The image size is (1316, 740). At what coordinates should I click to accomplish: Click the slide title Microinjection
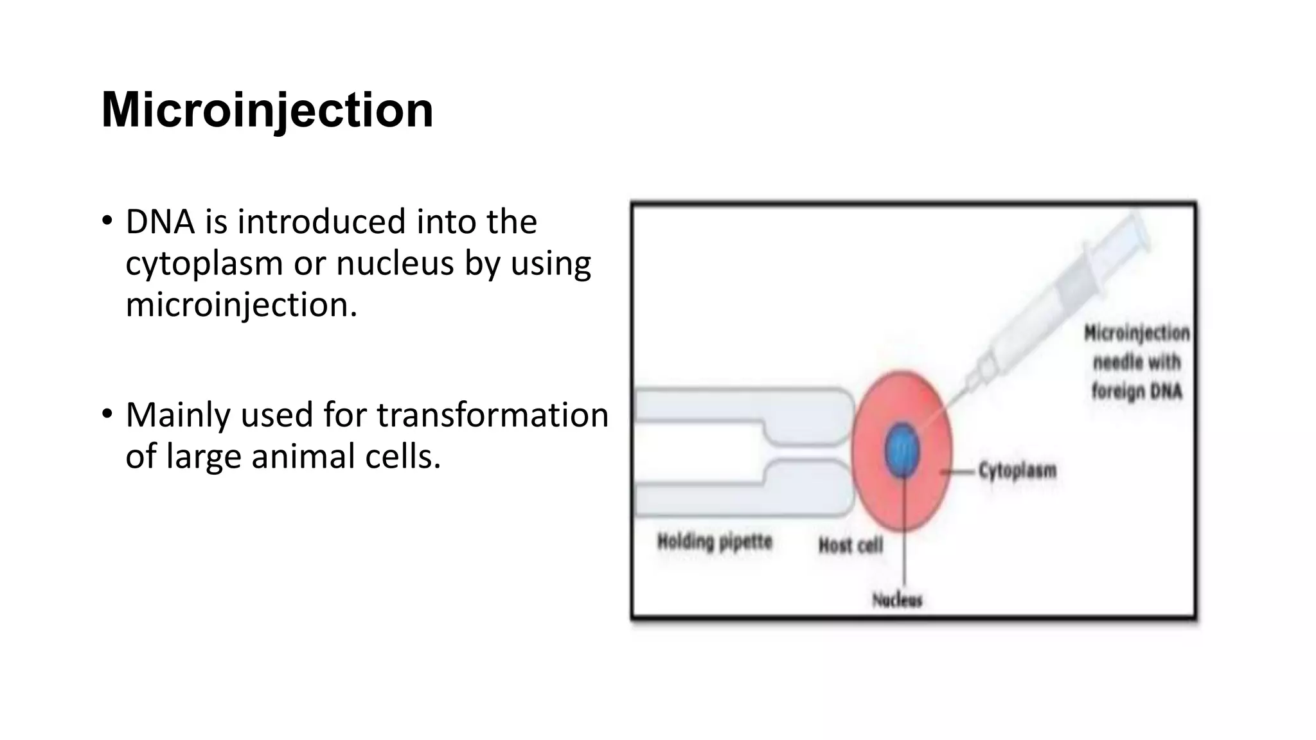click(267, 110)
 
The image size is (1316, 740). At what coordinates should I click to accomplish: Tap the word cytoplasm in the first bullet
click(204, 264)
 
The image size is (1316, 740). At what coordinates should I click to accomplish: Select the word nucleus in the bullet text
click(395, 263)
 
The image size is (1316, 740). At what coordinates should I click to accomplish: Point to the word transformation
click(492, 415)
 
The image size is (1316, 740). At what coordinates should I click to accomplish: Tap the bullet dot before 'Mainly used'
click(107, 414)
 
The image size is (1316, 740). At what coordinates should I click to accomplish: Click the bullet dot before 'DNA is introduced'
click(107, 222)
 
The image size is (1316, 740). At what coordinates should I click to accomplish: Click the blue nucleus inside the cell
click(902, 450)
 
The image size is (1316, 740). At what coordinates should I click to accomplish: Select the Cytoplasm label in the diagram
click(1017, 471)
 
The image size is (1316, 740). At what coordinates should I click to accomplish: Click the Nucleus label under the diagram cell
click(897, 600)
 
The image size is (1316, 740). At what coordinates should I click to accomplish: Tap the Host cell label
click(850, 546)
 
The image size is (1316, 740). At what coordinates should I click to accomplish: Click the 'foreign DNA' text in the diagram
click(1137, 391)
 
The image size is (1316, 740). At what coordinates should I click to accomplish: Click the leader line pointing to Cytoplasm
click(959, 472)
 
